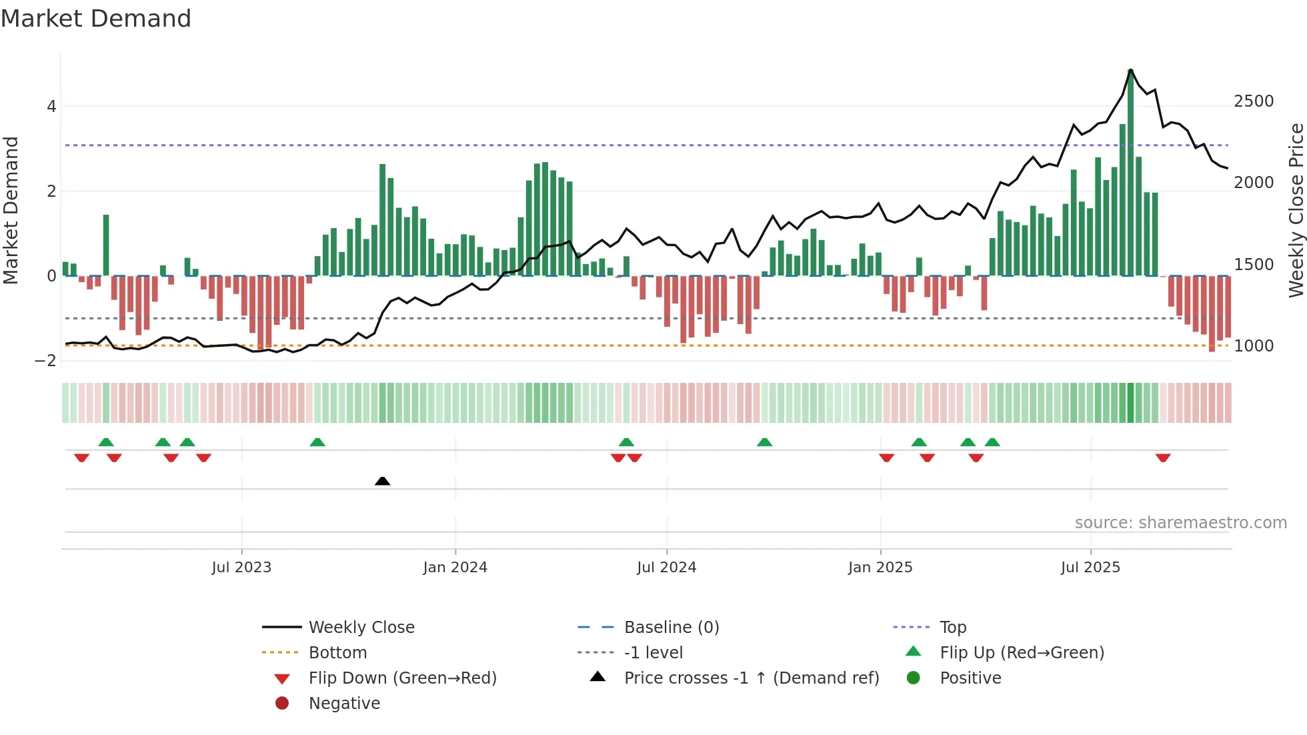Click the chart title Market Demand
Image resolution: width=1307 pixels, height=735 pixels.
[x=96, y=19]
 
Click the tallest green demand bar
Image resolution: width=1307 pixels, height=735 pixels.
[x=1130, y=173]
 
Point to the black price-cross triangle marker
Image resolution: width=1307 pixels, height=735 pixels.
[x=382, y=481]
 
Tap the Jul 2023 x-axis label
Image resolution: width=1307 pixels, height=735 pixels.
[x=241, y=568]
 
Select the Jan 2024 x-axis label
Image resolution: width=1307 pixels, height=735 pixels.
[x=455, y=568]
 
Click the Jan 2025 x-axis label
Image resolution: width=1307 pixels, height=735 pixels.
[x=880, y=568]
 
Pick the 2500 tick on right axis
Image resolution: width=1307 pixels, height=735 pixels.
[x=1254, y=101]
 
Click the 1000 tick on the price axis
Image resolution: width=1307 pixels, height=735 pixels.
[x=1254, y=346]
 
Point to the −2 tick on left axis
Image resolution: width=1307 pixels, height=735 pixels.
[x=46, y=361]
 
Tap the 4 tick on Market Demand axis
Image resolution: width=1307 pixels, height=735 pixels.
[x=51, y=107]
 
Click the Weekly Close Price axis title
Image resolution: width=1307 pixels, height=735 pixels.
[x=1296, y=210]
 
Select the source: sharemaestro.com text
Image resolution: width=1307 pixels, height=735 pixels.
[x=1180, y=523]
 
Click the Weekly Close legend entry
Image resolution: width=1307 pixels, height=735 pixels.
[x=361, y=628]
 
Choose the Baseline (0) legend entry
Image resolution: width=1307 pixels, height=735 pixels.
[x=671, y=628]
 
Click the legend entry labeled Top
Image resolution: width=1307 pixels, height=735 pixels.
[x=953, y=628]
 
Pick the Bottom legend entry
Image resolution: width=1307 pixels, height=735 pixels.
[x=337, y=653]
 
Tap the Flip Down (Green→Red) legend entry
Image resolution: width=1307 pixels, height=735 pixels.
[x=402, y=678]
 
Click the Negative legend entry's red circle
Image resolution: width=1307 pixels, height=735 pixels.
[x=282, y=704]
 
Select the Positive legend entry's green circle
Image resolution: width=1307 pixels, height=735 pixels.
[x=914, y=678]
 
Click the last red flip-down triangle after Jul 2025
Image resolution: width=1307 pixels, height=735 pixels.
[x=1163, y=458]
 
